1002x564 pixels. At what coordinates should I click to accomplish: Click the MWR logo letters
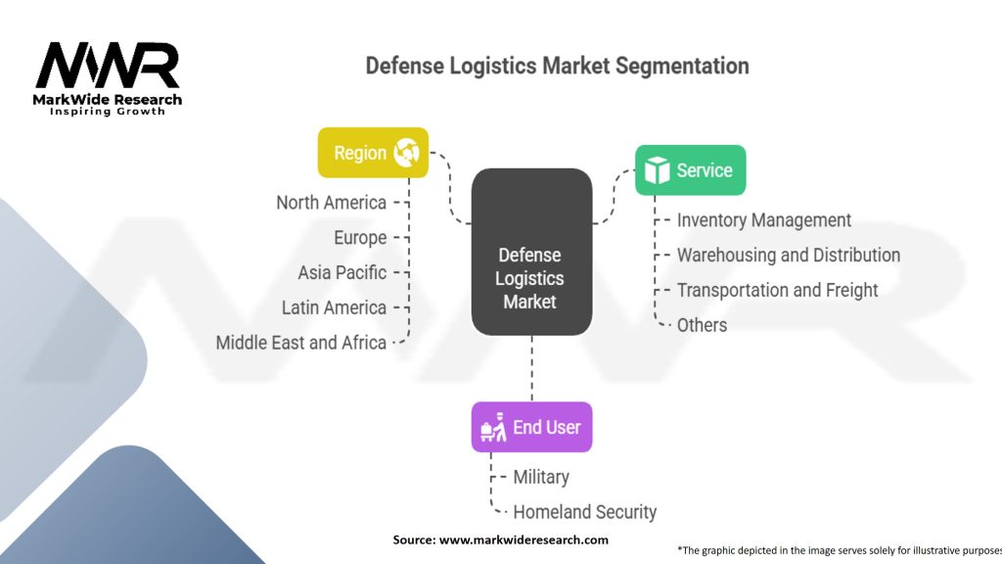[108, 66]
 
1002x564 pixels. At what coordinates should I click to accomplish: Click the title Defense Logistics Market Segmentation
[557, 67]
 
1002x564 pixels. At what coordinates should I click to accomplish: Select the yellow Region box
[373, 153]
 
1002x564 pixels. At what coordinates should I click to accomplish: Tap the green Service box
[690, 170]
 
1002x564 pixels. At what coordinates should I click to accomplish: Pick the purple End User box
[531, 427]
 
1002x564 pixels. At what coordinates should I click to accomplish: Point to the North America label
[331, 203]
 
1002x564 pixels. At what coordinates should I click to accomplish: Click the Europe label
[360, 238]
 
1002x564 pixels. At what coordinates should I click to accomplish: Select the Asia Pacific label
[342, 272]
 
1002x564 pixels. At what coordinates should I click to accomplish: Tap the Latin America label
[334, 307]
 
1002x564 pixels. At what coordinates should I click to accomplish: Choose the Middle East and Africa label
[301, 343]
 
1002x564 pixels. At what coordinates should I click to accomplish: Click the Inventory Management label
[763, 220]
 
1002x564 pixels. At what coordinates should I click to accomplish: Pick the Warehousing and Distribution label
[788, 256]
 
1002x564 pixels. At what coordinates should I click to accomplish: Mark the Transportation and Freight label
[777, 290]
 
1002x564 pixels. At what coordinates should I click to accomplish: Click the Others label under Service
[702, 325]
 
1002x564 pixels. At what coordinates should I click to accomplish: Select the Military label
[541, 477]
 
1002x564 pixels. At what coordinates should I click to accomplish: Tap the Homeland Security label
[584, 511]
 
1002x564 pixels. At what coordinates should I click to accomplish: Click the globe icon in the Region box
[406, 153]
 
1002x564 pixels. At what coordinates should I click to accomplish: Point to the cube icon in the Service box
[657, 170]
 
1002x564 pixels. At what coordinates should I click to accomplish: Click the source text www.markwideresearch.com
[523, 540]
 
